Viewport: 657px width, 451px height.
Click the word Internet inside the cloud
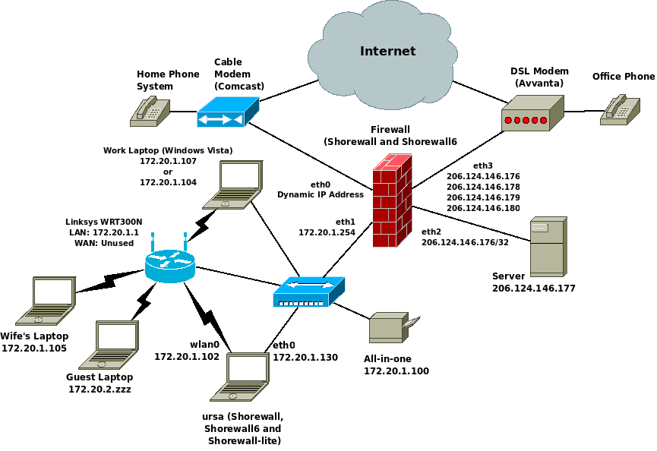tap(387, 52)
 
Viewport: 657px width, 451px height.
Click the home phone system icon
tap(149, 111)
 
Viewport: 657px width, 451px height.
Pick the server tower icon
tap(548, 246)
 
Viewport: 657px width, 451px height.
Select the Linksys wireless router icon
tap(169, 263)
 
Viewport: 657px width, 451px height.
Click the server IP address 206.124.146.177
tap(534, 289)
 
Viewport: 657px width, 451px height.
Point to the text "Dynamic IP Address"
tap(321, 194)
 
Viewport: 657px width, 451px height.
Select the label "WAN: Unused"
tap(103, 243)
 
